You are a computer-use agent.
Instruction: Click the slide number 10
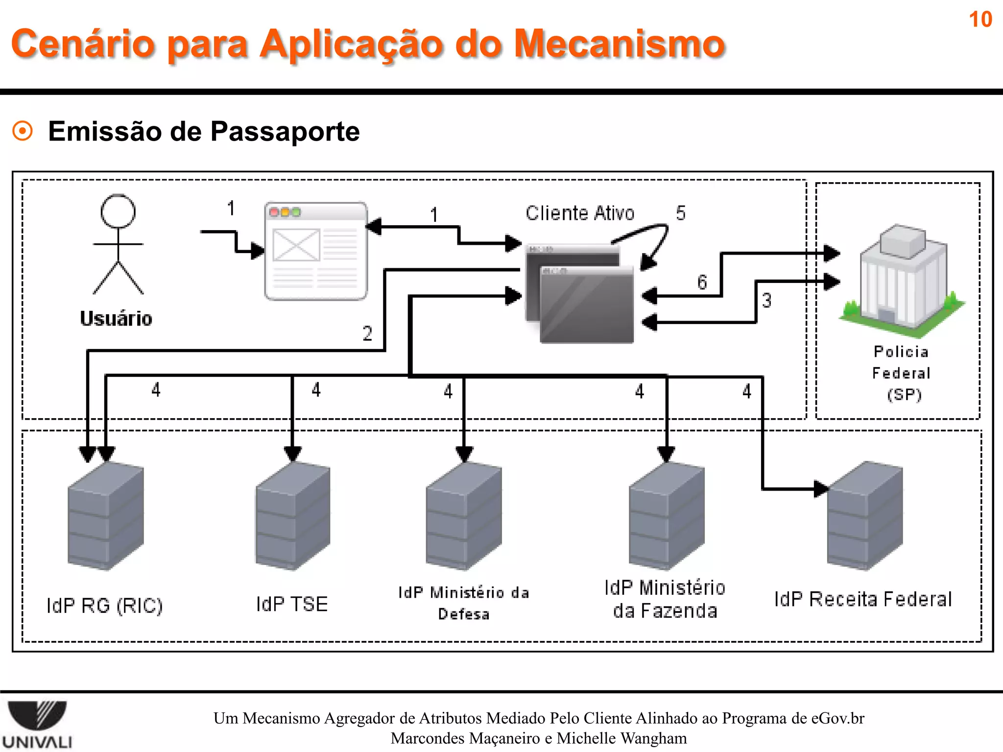coord(980,20)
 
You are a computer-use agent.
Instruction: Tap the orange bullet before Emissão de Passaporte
coord(23,131)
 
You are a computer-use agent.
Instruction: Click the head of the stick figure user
coord(118,211)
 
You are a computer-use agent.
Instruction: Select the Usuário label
coord(116,319)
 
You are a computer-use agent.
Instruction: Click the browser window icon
coord(316,251)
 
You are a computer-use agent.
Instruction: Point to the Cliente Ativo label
coord(580,213)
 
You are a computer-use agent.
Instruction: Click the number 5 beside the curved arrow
coord(681,213)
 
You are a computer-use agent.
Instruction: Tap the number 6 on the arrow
coord(702,282)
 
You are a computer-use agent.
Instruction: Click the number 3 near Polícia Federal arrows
coord(766,301)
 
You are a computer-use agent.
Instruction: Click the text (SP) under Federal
coord(904,395)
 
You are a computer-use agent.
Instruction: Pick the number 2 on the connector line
coord(367,334)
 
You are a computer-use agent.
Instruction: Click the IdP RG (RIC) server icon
coord(106,517)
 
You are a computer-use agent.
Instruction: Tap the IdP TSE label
coord(292,604)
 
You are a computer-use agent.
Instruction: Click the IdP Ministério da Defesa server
coord(464,517)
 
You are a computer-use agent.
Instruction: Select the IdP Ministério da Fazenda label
coord(665,599)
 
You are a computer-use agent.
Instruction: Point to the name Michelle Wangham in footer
coord(622,738)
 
